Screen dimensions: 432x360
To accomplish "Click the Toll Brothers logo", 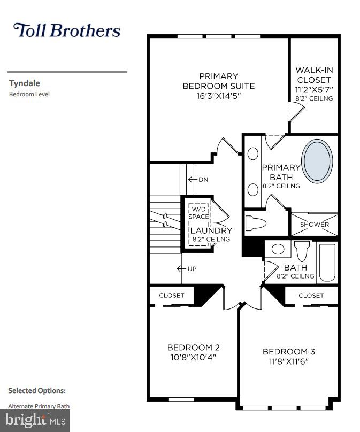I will tap(66, 30).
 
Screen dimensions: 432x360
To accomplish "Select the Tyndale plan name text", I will tap(25, 83).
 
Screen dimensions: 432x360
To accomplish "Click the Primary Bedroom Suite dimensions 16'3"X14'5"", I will tap(218, 96).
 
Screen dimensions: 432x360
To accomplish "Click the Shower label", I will tap(314, 225).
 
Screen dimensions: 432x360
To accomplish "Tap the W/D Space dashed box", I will tap(199, 217).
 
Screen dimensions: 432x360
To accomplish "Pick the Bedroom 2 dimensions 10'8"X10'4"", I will tap(193, 357).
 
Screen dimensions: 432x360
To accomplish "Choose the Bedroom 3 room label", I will tap(288, 351).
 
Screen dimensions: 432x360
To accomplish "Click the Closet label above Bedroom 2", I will tap(172, 295).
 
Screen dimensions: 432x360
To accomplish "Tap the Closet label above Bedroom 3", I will tap(311, 295).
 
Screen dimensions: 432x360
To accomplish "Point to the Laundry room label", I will tap(211, 230).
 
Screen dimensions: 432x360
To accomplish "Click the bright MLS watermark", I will tap(35, 420).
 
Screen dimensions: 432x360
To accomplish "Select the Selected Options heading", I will tap(37, 391).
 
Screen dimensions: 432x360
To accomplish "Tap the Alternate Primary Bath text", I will tap(39, 406).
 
